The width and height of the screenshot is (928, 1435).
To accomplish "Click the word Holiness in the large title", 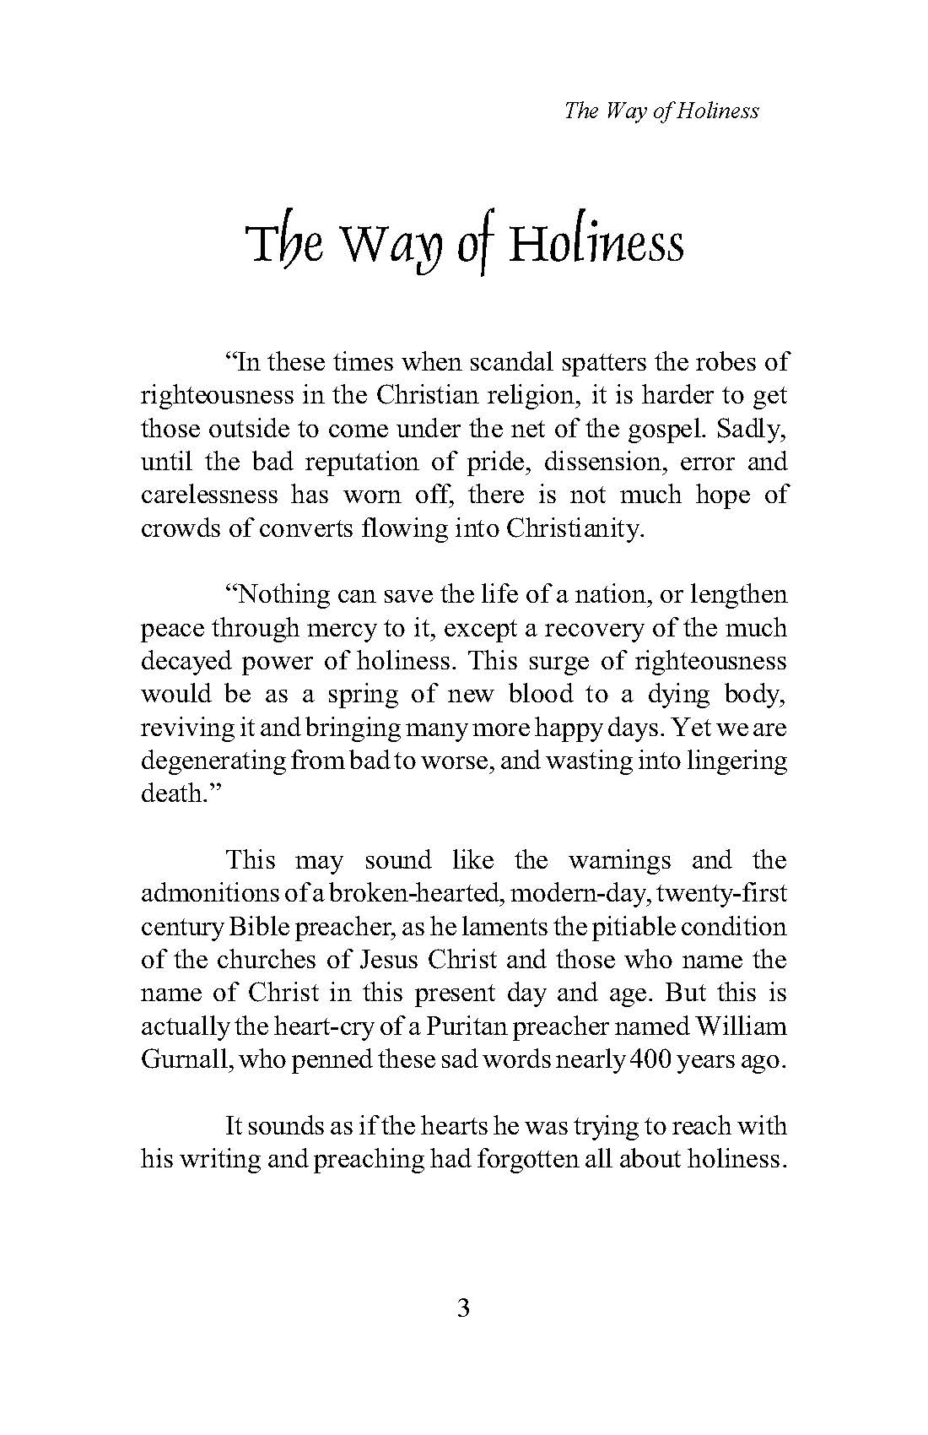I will pyautogui.click(x=596, y=245).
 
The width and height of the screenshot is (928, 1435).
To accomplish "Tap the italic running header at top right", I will pyautogui.click(x=661, y=111).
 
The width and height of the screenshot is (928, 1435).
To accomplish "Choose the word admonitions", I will pyautogui.click(x=211, y=893).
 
